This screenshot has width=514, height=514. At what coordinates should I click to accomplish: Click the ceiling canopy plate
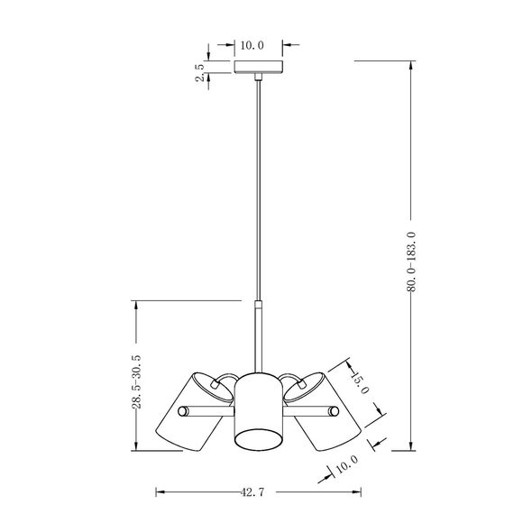click(259, 69)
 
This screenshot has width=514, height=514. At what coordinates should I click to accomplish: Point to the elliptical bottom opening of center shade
click(259, 440)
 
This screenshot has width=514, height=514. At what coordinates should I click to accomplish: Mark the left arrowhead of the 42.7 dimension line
click(161, 492)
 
